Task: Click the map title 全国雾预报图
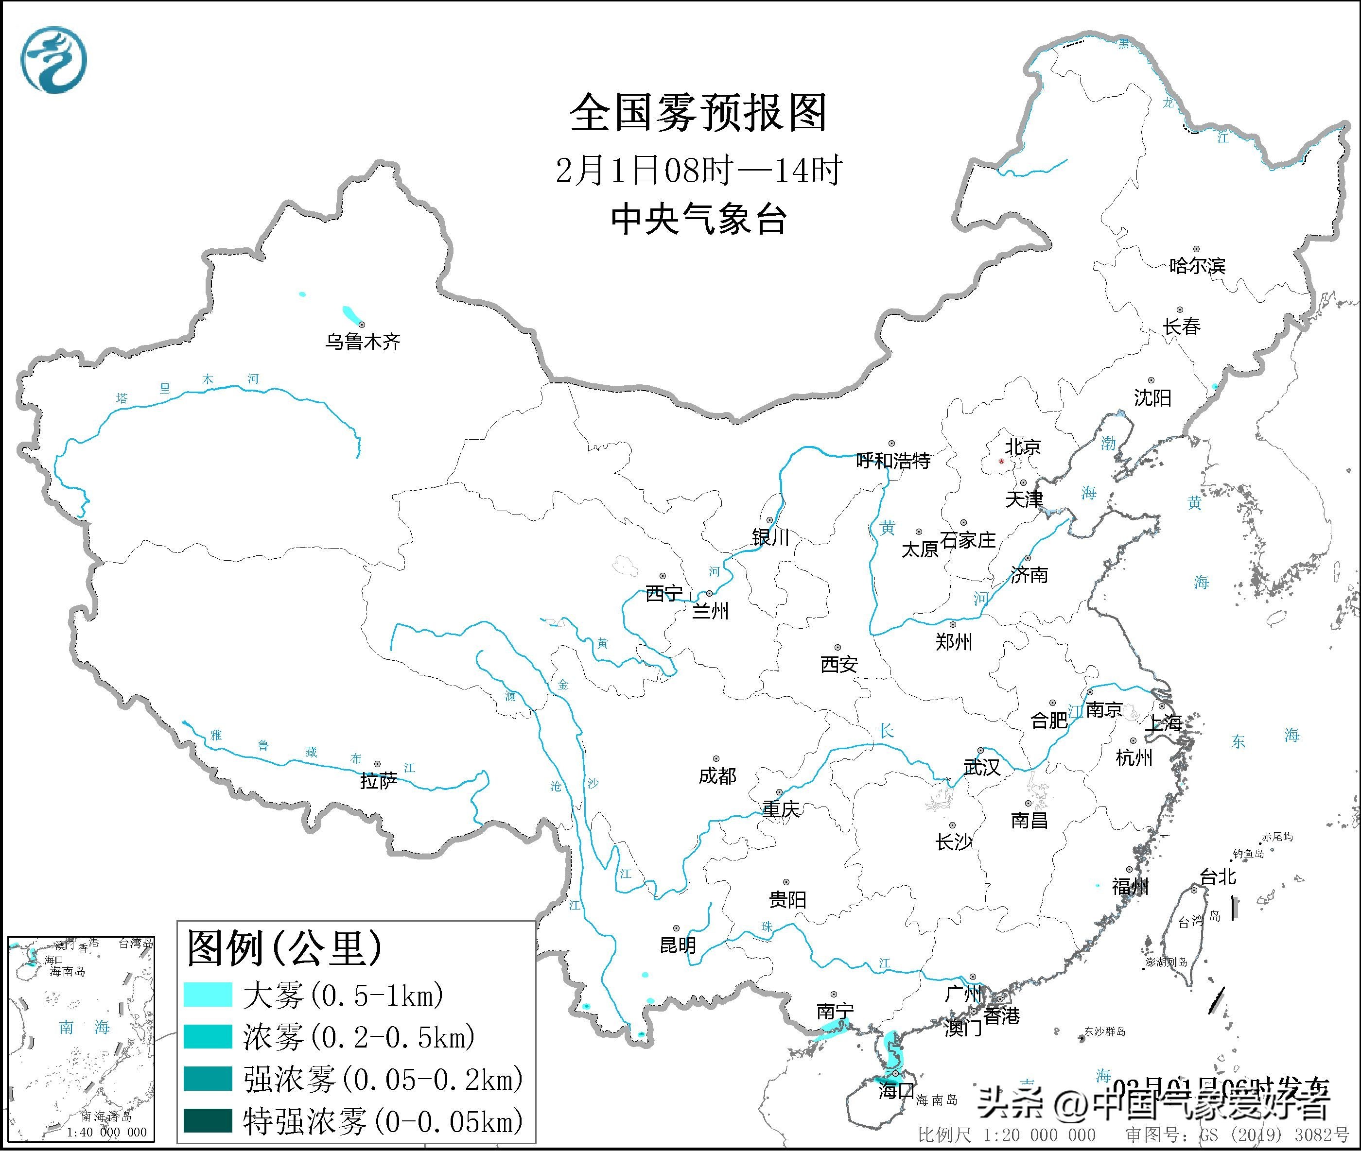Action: (698, 112)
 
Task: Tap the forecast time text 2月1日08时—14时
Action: (698, 171)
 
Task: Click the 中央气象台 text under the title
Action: (698, 219)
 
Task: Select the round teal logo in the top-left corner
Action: (53, 60)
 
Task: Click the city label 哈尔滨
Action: (1197, 266)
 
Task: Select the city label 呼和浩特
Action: (893, 461)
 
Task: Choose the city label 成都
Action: (717, 776)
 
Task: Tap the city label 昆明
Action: (678, 945)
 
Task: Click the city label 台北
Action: (1218, 877)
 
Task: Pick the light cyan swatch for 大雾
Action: (208, 996)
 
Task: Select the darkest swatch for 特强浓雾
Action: (208, 1120)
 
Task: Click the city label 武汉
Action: (982, 767)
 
